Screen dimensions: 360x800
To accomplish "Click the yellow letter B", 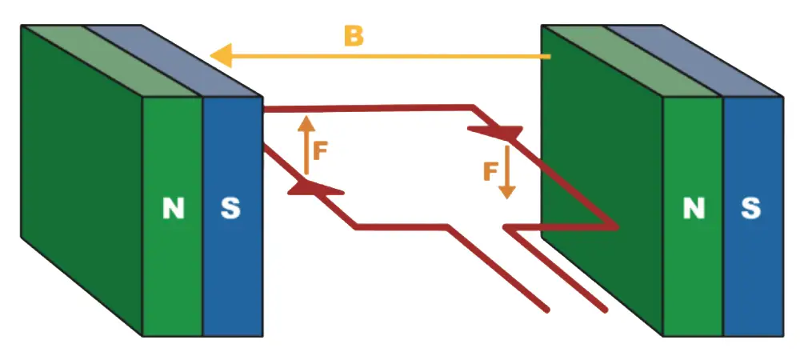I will [354, 36].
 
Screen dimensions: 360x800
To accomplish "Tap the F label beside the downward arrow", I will [491, 170].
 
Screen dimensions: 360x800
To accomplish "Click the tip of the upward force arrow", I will [306, 118].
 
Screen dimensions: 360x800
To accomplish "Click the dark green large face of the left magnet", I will [80, 176].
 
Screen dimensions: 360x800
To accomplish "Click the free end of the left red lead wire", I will [546, 308].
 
